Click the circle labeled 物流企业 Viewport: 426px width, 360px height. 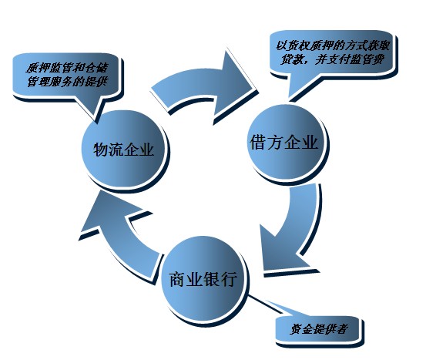[x=123, y=149]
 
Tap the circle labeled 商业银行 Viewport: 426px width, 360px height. [x=203, y=279]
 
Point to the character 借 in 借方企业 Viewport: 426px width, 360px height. [x=257, y=142]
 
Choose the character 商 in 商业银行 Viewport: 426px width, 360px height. [x=177, y=279]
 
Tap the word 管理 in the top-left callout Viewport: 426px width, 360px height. [x=38, y=82]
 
